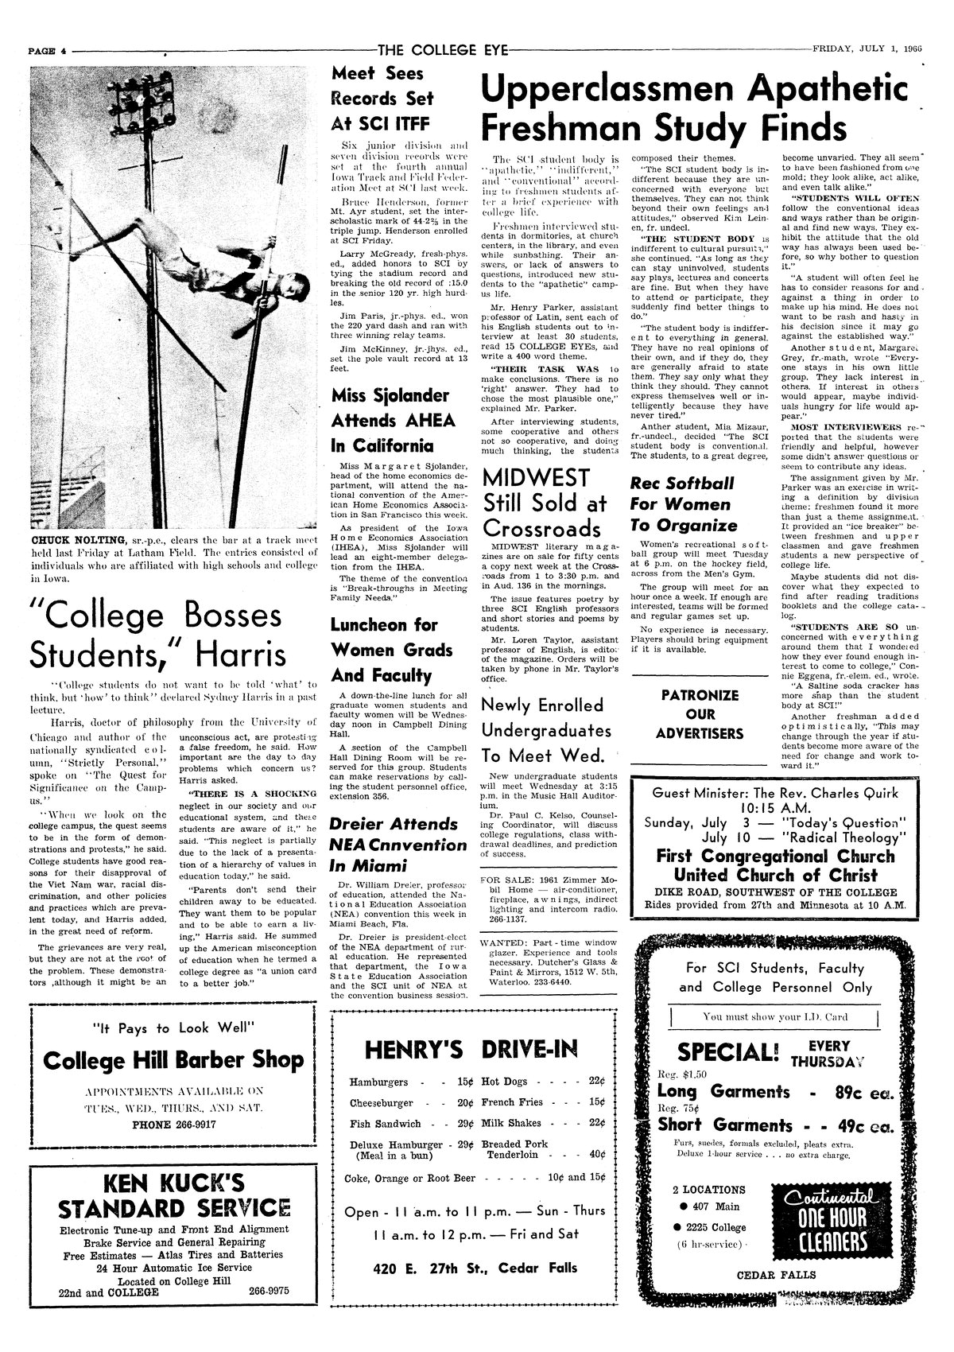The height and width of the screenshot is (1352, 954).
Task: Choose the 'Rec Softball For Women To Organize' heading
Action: (684, 504)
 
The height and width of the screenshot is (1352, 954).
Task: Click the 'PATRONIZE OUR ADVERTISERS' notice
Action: (700, 714)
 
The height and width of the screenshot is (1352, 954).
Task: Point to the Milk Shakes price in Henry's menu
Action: (595, 1124)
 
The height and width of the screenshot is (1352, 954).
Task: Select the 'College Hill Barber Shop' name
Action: (173, 1059)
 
